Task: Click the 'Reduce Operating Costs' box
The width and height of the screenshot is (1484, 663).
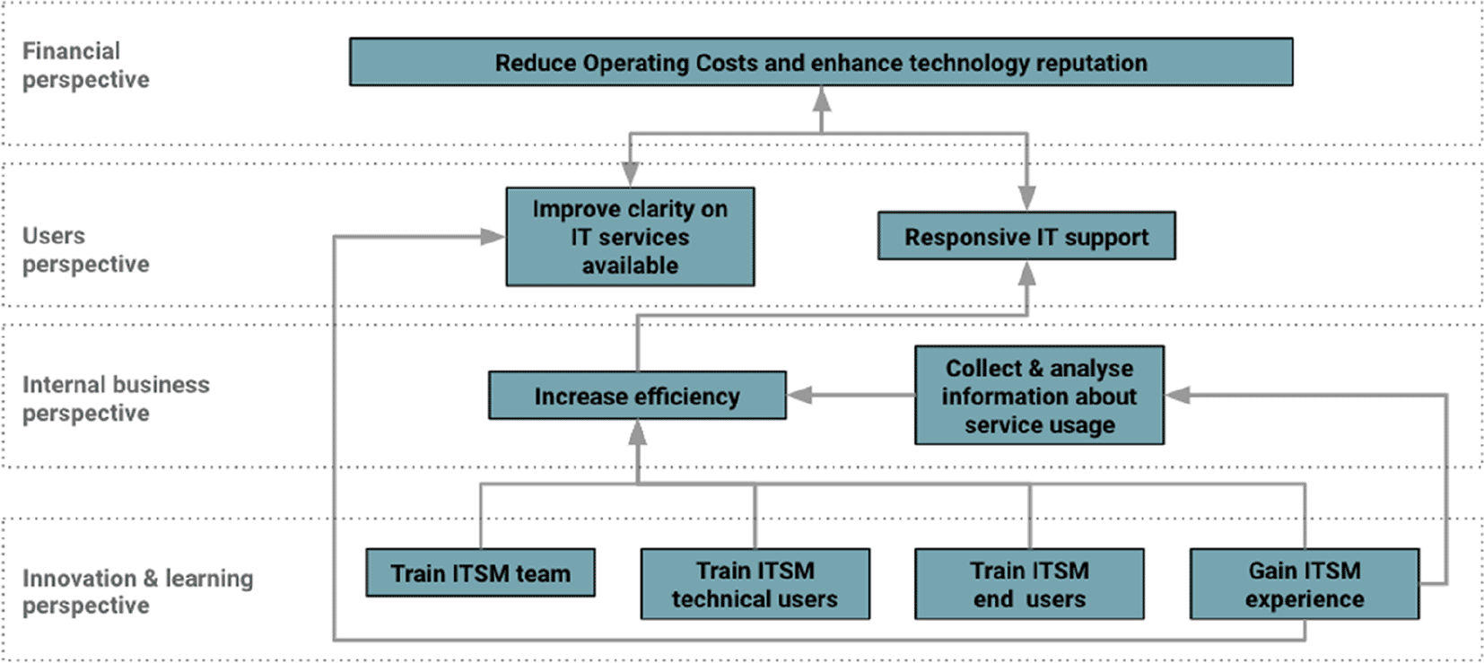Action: click(x=820, y=62)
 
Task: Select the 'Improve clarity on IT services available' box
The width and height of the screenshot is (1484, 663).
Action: click(x=630, y=237)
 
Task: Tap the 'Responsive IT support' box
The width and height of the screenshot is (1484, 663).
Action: click(x=1026, y=236)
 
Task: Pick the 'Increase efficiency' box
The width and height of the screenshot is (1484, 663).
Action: click(x=637, y=396)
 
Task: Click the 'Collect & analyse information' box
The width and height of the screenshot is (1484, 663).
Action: click(x=1039, y=396)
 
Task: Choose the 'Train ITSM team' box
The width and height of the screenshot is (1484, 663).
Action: click(x=480, y=572)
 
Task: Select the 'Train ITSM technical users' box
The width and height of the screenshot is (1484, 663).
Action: click(x=755, y=584)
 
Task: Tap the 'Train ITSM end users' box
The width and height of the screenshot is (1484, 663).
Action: click(x=1029, y=584)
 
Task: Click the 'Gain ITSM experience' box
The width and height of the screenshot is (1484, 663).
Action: click(x=1304, y=584)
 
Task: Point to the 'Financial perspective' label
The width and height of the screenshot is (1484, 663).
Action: click(x=85, y=65)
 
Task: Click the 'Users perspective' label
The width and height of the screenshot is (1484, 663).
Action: click(x=85, y=249)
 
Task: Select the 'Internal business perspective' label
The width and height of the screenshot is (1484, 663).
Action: click(x=115, y=398)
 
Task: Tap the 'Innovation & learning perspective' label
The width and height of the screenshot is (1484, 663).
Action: click(x=136, y=591)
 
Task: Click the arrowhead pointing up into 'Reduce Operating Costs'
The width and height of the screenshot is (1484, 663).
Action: click(x=821, y=98)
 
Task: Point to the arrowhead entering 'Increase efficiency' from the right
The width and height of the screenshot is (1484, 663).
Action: click(x=799, y=396)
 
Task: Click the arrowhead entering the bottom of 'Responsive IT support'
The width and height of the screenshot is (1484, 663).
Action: click(x=1026, y=273)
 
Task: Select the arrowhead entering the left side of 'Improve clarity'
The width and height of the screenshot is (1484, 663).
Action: click(x=492, y=237)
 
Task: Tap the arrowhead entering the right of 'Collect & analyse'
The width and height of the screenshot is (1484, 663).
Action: click(x=1178, y=395)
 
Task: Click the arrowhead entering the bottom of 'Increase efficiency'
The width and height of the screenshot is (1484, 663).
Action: click(x=637, y=432)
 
